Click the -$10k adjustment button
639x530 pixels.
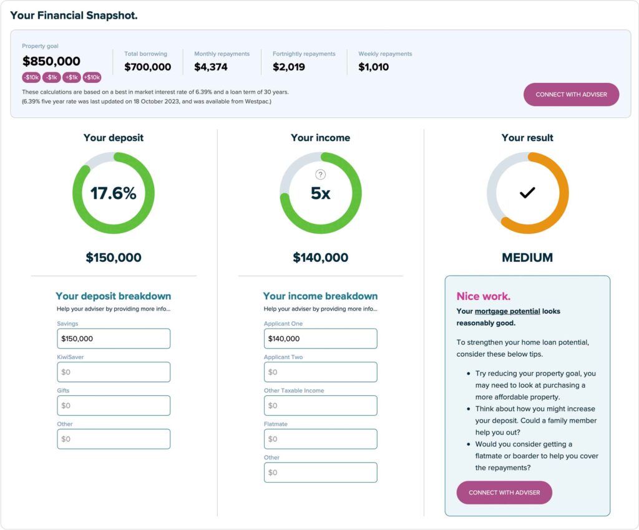(31, 77)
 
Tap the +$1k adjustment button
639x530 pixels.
(72, 77)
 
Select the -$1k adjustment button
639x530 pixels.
(51, 77)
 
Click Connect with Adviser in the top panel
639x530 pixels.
(571, 94)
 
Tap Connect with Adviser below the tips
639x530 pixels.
(504, 493)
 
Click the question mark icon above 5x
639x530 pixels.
(320, 175)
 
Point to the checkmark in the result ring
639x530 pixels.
(527, 193)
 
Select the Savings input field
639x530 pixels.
(114, 339)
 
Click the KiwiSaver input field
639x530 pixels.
(114, 372)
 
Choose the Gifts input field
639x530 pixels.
(114, 405)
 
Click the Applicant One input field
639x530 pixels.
(320, 339)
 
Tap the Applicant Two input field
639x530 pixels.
(320, 372)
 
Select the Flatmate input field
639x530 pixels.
(320, 439)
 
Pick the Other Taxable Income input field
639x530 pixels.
(320, 405)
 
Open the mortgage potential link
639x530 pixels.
(507, 311)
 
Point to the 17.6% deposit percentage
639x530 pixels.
(114, 193)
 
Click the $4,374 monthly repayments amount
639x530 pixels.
(211, 67)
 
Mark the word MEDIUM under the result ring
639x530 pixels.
(527, 258)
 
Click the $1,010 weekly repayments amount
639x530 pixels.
(373, 67)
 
